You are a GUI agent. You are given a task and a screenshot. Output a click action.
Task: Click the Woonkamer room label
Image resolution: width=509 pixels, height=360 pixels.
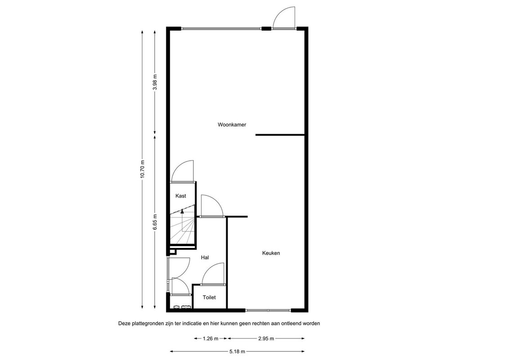tap(232, 125)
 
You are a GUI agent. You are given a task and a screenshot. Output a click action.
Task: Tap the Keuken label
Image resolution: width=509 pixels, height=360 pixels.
tap(271, 253)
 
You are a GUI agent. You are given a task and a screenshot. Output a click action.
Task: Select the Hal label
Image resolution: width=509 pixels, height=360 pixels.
tap(205, 258)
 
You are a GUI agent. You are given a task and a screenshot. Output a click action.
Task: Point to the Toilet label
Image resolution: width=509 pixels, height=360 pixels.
tap(209, 297)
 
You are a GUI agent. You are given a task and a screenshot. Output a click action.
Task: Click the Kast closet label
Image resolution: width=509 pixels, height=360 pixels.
tap(181, 196)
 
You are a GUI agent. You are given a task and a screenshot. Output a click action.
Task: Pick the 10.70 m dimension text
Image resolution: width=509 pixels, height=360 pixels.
tap(142, 169)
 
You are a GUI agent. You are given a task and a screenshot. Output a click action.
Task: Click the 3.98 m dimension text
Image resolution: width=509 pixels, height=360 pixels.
tap(155, 82)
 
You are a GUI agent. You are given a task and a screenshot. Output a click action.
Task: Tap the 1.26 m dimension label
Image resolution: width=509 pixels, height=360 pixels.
tap(211, 339)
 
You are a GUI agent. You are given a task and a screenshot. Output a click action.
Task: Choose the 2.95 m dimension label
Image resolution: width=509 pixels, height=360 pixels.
tap(266, 339)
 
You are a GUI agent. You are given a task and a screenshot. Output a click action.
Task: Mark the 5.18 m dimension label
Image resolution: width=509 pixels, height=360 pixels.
tap(237, 351)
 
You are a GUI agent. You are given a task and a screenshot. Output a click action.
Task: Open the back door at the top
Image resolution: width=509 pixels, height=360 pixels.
tap(284, 18)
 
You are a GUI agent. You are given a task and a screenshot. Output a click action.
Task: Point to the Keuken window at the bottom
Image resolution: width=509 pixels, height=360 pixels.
tap(268, 310)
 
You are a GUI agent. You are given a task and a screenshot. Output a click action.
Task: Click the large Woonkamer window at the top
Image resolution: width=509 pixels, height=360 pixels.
tap(221, 29)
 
